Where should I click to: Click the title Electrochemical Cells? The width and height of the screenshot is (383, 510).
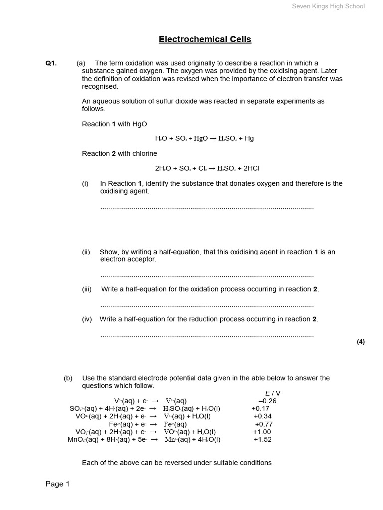pos(205,39)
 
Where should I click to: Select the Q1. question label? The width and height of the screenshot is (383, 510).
pos(51,63)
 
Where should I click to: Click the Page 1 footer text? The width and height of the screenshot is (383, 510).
pos(58,484)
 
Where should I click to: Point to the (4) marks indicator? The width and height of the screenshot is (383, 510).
pos(361,342)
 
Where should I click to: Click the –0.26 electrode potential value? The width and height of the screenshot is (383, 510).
pos(267,401)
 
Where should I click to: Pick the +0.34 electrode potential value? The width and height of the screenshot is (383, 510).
pos(263,416)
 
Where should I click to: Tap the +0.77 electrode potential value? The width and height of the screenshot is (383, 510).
pos(264,424)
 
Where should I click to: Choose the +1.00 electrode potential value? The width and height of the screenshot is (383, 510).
pos(262,432)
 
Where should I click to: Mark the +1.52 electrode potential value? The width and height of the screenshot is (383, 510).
pos(262,440)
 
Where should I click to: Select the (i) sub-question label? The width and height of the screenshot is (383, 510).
pos(85,184)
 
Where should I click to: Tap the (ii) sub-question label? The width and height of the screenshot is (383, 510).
pos(86,252)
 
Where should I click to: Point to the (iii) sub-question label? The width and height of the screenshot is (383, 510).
pos(87,289)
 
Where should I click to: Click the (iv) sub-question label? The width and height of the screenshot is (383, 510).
pos(87,319)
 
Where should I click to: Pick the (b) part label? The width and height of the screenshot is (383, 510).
pos(68,378)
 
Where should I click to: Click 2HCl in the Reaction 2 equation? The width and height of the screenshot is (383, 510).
pos(243,168)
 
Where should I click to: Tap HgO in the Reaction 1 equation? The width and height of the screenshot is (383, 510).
pos(199,138)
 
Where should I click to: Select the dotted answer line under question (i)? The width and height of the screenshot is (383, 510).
pos(207,207)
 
